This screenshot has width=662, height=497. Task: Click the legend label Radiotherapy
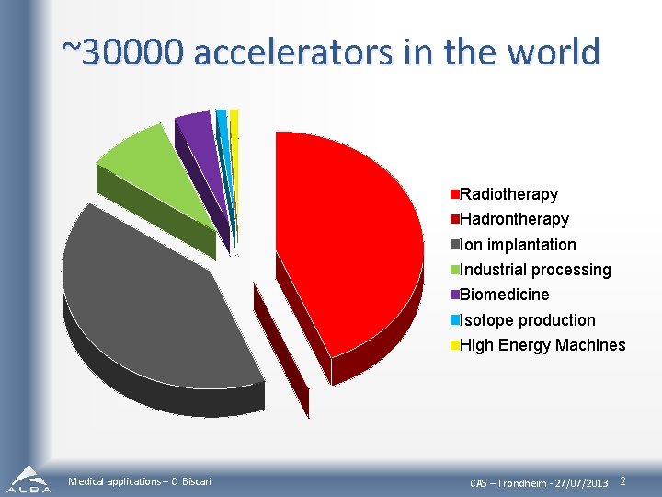tap(508, 194)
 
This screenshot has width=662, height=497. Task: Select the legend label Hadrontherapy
tap(514, 219)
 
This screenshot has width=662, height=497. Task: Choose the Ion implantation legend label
tap(518, 245)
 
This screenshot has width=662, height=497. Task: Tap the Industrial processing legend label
tap(535, 270)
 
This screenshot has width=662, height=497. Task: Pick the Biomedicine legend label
tap(505, 295)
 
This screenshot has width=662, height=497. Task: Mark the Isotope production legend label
tap(527, 320)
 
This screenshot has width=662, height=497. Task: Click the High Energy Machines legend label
tap(542, 345)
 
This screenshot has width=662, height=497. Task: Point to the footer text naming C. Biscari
tap(140, 482)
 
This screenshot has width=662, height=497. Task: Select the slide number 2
tap(623, 481)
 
